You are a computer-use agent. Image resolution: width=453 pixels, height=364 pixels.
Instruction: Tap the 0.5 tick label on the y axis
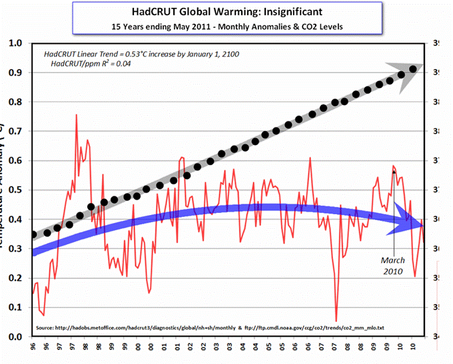pos(15,190)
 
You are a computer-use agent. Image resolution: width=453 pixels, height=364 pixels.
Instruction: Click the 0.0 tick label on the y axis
pos(15,337)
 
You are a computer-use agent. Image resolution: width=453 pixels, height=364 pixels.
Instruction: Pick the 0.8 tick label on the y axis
pos(15,102)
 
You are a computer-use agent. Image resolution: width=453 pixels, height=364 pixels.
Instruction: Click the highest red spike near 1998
pos(77,115)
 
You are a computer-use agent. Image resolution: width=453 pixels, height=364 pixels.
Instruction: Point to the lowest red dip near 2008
pos(336,321)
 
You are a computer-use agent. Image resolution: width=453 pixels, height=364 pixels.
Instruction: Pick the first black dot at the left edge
pos(34,234)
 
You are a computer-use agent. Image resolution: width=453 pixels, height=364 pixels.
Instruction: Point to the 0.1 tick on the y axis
pos(15,307)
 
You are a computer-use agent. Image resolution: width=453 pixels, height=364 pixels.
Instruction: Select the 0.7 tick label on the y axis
pos(15,131)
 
